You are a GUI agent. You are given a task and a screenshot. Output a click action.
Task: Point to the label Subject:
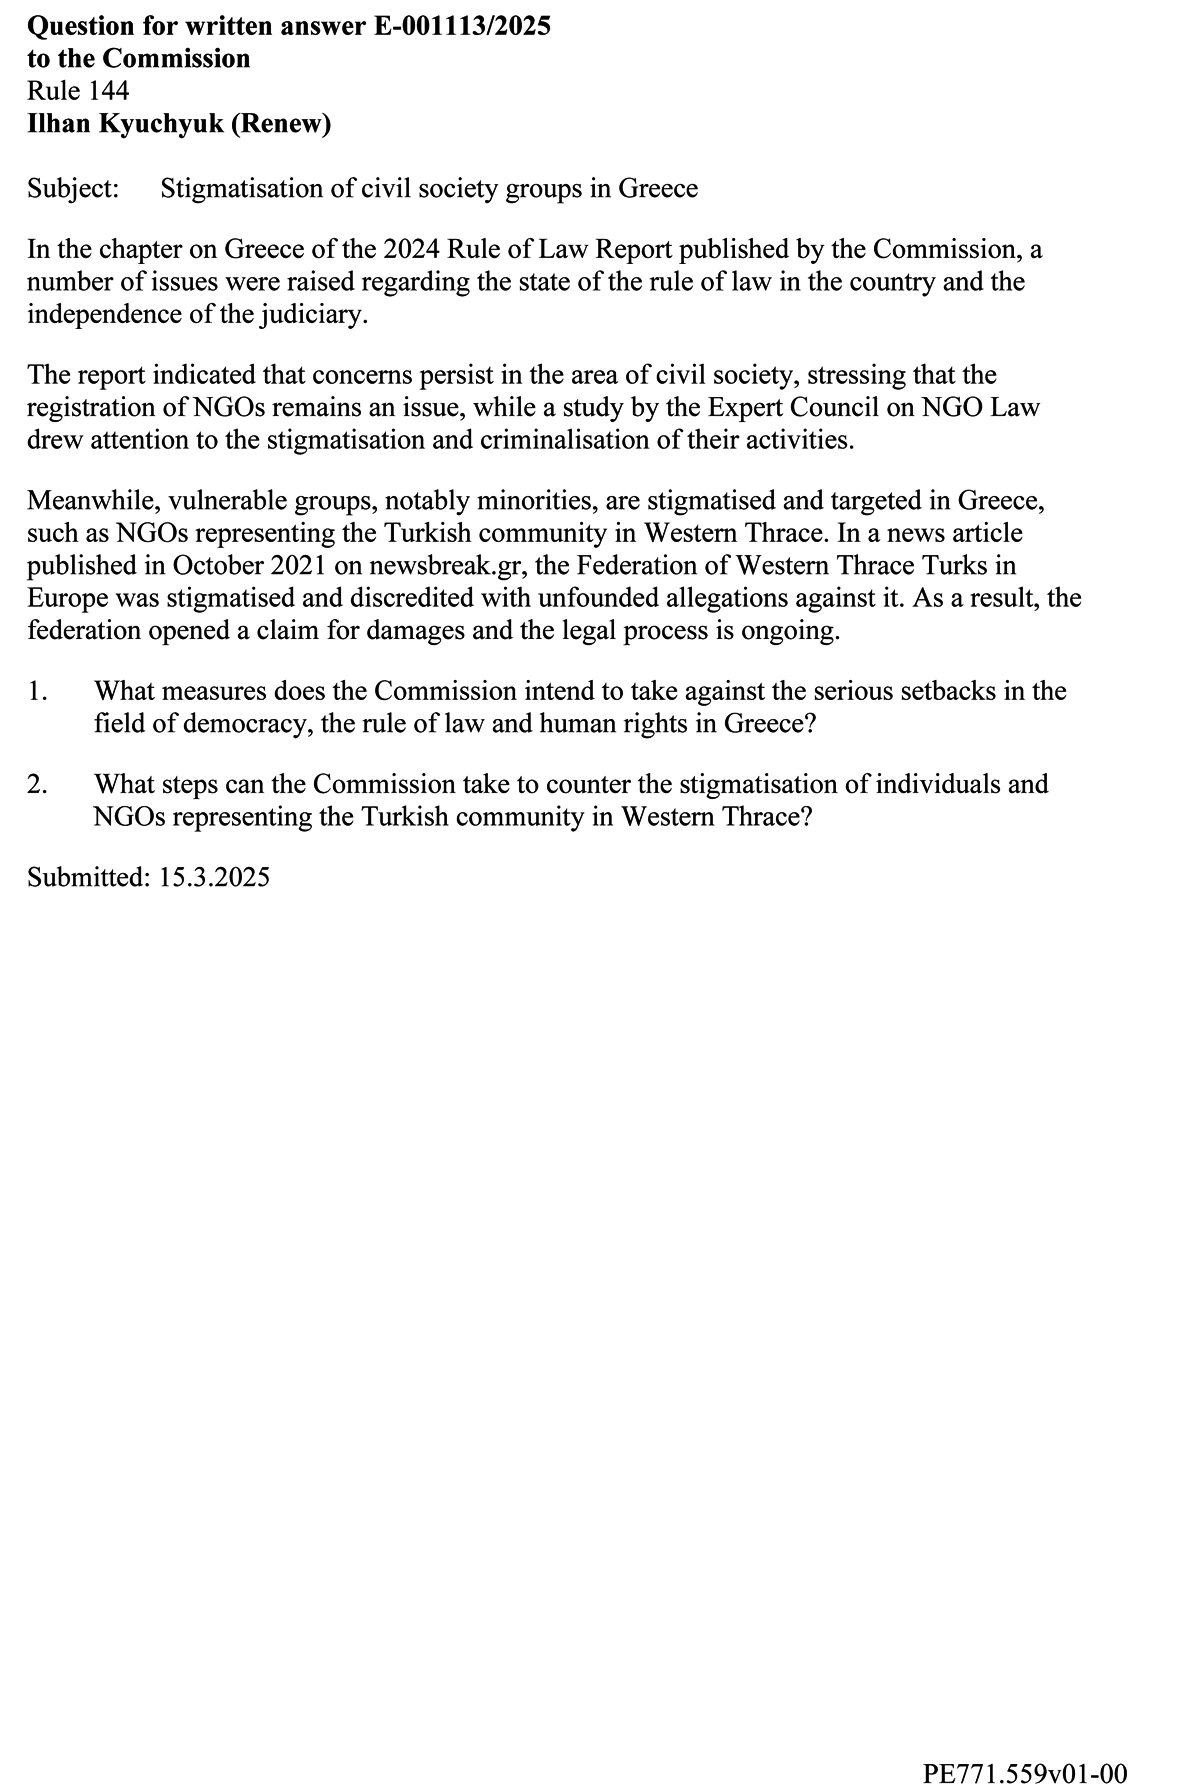(x=73, y=189)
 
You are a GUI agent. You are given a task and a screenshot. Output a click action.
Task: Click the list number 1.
(x=36, y=691)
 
